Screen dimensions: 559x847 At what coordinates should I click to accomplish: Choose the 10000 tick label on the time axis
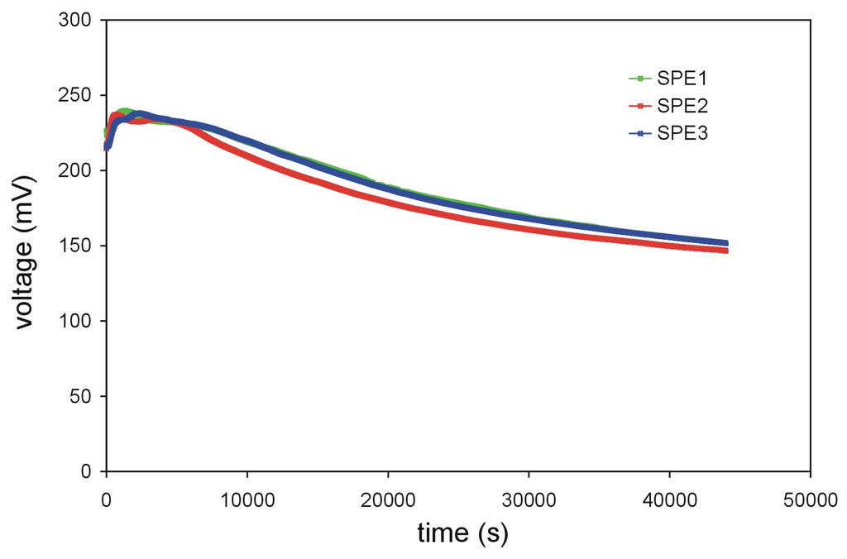coord(246,499)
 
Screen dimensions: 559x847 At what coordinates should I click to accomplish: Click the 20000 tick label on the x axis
coord(387,499)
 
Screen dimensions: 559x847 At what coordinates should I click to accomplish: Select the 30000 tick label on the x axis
coord(528,499)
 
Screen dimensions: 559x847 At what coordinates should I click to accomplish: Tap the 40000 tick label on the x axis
coord(669,499)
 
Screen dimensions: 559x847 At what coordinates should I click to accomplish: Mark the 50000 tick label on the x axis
coord(810,499)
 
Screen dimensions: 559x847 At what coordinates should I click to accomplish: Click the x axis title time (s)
coord(462,533)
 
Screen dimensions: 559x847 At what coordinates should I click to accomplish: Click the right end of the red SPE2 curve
coord(725,250)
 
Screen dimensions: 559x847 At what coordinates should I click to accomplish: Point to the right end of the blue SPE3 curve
coord(725,243)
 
